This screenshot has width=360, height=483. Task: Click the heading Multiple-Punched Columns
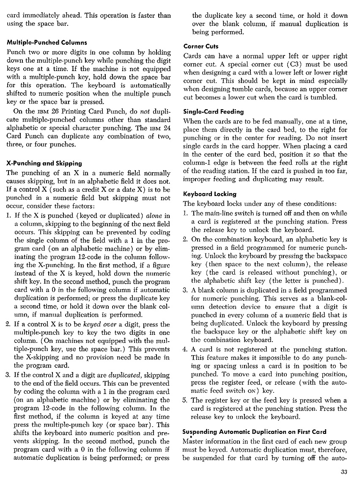pyautogui.click(x=47, y=42)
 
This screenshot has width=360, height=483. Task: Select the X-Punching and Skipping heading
pyautogui.click(x=44, y=163)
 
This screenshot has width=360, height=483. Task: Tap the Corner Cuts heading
pyautogui.click(x=201, y=46)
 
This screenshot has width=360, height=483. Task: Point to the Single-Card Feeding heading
pyautogui.click(x=214, y=112)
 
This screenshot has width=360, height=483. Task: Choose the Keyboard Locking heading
pyautogui.click(x=210, y=194)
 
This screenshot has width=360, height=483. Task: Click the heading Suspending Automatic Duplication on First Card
pyautogui.click(x=254, y=432)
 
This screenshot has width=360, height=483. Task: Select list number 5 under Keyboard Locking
pyautogui.click(x=185, y=400)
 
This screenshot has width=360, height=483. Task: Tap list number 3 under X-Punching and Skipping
pyautogui.click(x=8, y=375)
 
